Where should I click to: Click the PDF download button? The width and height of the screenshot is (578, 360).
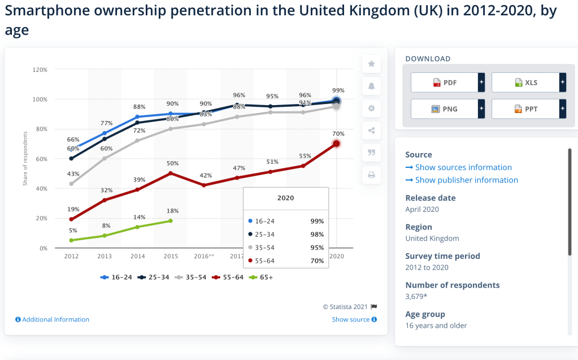(444, 83)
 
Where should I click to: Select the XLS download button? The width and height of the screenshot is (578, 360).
(525, 83)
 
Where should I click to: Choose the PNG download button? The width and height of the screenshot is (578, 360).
(444, 109)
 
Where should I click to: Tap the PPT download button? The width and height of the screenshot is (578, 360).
(525, 109)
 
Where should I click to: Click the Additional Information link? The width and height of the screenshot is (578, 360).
(52, 319)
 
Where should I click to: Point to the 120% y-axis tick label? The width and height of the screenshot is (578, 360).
(40, 70)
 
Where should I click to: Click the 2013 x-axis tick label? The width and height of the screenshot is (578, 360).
(105, 256)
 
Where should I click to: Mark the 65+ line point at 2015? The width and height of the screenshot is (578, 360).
(171, 221)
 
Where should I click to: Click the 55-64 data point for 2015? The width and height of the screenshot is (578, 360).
(171, 173)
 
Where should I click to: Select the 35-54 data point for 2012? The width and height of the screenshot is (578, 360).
(71, 184)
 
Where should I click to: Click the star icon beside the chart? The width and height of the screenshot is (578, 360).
(371, 64)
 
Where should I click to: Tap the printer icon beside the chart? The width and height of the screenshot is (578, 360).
(371, 175)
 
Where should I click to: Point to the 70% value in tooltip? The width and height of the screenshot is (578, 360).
(317, 261)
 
